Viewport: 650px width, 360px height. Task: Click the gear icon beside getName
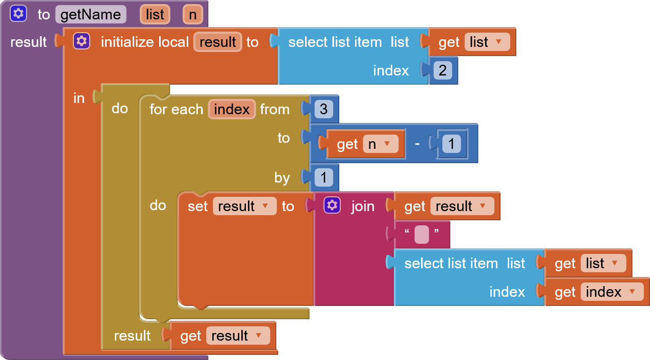pos(18,14)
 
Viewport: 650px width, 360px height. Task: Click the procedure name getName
pos(90,14)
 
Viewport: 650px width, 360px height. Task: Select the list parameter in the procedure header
pos(155,14)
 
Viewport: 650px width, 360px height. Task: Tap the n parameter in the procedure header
pos(193,14)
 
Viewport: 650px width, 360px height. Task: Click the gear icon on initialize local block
pos(82,41)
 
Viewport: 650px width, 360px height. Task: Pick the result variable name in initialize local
pos(218,42)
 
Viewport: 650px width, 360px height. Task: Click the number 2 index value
pos(442,70)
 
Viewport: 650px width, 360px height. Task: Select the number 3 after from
pos(323,109)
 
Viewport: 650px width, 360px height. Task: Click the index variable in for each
pos(232,109)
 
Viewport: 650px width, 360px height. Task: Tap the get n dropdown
pos(381,144)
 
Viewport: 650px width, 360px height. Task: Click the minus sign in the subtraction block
pos(417,143)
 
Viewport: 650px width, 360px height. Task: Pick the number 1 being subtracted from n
pos(451,144)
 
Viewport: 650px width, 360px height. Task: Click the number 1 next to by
pos(323,177)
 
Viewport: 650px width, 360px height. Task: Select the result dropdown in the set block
pos(244,206)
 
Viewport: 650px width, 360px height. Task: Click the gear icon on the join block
pos(332,205)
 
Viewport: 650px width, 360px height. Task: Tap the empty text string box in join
pos(421,235)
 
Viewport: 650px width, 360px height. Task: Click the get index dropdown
pos(612,292)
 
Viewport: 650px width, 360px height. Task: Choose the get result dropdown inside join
pos(462,206)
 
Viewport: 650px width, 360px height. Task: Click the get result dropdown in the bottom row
pos(238,336)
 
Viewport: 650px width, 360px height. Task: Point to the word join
pos(363,207)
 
